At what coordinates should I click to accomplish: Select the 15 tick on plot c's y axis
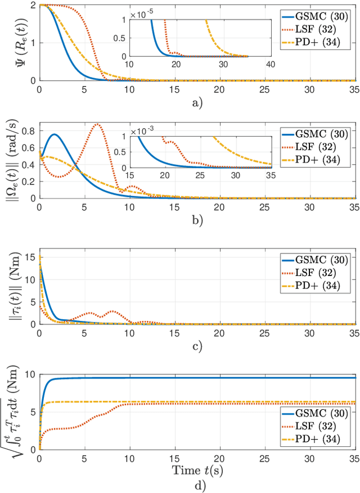point(31,257)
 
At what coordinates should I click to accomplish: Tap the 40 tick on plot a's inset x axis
point(269,64)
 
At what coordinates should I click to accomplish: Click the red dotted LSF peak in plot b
point(98,124)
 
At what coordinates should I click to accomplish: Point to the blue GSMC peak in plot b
point(54,134)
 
